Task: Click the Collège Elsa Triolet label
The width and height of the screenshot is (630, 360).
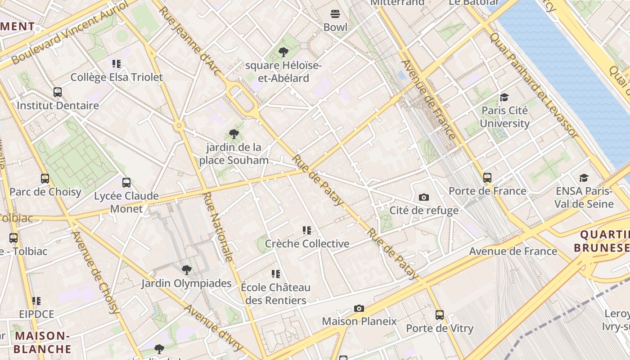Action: [117, 77]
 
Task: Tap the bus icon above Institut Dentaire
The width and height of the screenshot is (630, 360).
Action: [58, 92]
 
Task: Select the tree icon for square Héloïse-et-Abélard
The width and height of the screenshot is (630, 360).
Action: [283, 52]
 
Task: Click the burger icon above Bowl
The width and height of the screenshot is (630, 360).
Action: [335, 14]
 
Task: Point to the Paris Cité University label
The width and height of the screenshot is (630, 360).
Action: [504, 117]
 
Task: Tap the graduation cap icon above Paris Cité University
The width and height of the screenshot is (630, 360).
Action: [504, 98]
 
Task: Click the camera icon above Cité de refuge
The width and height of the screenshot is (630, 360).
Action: [423, 197]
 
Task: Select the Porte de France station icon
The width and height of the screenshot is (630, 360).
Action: [487, 177]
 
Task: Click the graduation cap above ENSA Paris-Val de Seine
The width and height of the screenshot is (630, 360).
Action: [584, 178]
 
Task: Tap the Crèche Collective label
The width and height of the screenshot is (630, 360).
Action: [307, 243]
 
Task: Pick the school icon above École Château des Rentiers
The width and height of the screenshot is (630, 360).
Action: [276, 274]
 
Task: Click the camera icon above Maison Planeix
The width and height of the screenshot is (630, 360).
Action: [359, 308]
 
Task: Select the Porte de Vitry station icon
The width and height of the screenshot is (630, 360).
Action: [440, 315]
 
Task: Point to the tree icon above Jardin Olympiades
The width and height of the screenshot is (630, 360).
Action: [186, 270]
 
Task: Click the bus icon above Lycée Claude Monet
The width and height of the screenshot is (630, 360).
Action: [126, 183]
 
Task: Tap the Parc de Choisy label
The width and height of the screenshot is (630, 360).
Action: [45, 192]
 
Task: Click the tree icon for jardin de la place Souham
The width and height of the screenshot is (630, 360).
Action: [234, 134]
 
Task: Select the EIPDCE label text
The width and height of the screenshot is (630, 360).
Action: [36, 314]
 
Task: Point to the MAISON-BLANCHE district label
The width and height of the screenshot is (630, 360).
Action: [42, 342]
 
